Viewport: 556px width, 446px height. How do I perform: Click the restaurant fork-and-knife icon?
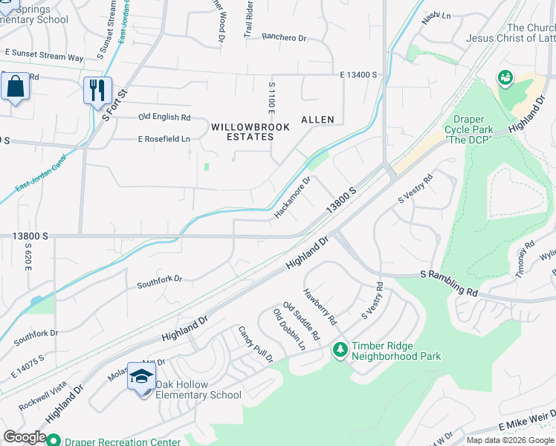pyautogui.click(x=97, y=91)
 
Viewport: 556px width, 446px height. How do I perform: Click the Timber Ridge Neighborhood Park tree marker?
pyautogui.click(x=340, y=349)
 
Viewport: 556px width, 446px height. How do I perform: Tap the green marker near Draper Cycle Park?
pyautogui.click(x=505, y=77)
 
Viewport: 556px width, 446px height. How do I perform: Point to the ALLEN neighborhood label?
pyautogui.click(x=317, y=120)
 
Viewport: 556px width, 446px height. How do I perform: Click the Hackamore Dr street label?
pyautogui.click(x=292, y=197)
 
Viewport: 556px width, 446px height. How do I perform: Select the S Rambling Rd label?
pyautogui.click(x=450, y=282)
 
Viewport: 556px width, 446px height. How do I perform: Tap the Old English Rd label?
pyautogui.click(x=164, y=117)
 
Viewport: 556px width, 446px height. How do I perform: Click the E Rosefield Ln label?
pyautogui.click(x=164, y=139)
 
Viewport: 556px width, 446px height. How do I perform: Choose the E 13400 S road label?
pyautogui.click(x=360, y=75)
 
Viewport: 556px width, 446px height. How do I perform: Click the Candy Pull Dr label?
pyautogui.click(x=256, y=343)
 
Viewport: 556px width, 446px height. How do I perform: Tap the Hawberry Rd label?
pyautogui.click(x=320, y=307)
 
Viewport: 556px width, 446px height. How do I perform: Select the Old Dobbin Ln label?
pyautogui.click(x=289, y=329)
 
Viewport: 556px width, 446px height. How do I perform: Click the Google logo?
pyautogui.click(x=25, y=437)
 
